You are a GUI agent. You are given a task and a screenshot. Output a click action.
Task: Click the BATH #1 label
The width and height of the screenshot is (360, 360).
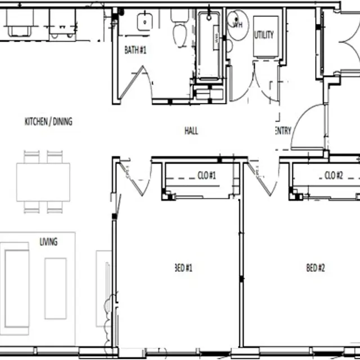pyautogui.click(x=135, y=50)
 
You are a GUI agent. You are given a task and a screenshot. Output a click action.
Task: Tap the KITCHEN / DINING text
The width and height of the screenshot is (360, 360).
pyautogui.click(x=48, y=121)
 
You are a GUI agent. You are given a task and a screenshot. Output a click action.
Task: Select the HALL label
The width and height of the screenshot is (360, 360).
pyautogui.click(x=191, y=131)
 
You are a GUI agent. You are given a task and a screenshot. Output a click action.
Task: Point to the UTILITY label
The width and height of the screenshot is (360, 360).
pyautogui.click(x=264, y=35)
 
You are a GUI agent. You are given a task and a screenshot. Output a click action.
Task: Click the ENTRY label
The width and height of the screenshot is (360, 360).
pyautogui.click(x=283, y=131)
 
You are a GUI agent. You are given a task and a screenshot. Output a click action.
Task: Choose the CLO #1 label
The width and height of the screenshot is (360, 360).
pyautogui.click(x=207, y=175)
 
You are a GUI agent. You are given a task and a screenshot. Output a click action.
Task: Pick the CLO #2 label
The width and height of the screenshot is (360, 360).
pyautogui.click(x=334, y=175)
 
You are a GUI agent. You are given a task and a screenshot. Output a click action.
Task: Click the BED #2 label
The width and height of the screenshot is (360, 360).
pyautogui.click(x=315, y=268)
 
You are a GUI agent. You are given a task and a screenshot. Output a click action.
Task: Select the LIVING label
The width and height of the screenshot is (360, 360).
pyautogui.click(x=48, y=242)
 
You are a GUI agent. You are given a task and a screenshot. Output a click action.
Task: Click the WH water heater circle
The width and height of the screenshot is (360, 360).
pyautogui.click(x=237, y=24)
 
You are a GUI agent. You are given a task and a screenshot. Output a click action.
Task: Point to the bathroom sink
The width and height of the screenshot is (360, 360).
pyautogui.click(x=145, y=21)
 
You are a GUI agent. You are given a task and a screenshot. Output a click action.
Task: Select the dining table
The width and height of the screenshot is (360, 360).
pyautogui.click(x=43, y=181)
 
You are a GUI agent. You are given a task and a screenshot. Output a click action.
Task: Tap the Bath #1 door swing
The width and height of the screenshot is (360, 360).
pyautogui.click(x=138, y=84)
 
